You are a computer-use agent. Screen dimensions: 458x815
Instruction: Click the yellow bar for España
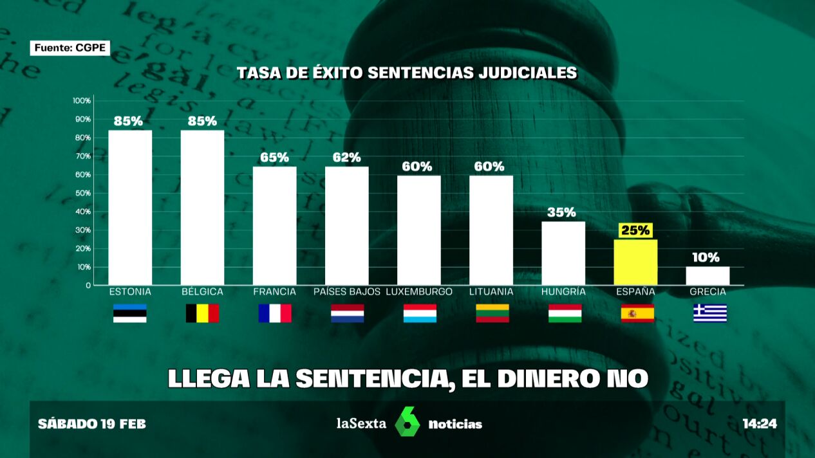coord(635,262)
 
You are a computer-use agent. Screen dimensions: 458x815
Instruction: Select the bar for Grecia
coord(707,275)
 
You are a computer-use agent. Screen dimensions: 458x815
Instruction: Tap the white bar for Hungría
coord(563,253)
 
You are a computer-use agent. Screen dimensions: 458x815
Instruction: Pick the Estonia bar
coord(130,207)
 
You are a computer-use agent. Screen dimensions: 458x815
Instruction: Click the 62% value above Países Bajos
coord(347,158)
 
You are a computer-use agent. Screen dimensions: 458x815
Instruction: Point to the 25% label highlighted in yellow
coord(635,230)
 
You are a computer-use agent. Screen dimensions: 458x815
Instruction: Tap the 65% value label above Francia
coord(275,158)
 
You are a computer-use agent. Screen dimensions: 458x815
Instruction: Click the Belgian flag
coord(202,313)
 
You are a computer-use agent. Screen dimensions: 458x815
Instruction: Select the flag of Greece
coord(709,313)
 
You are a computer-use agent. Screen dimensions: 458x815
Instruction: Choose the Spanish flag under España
coord(637,313)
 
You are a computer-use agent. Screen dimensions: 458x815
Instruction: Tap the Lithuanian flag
coord(492,313)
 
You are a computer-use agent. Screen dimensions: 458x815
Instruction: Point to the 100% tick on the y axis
coord(82,101)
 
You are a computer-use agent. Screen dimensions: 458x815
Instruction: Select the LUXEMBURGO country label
coord(419,292)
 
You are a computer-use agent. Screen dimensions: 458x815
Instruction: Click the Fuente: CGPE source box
coord(70,48)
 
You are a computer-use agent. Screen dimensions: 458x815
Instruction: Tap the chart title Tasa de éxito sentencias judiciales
coord(407,73)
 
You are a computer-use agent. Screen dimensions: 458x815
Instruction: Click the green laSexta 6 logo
coord(407,422)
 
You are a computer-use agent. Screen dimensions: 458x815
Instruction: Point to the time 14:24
coord(760,424)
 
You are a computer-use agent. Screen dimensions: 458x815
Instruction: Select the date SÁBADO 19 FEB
coord(92,424)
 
